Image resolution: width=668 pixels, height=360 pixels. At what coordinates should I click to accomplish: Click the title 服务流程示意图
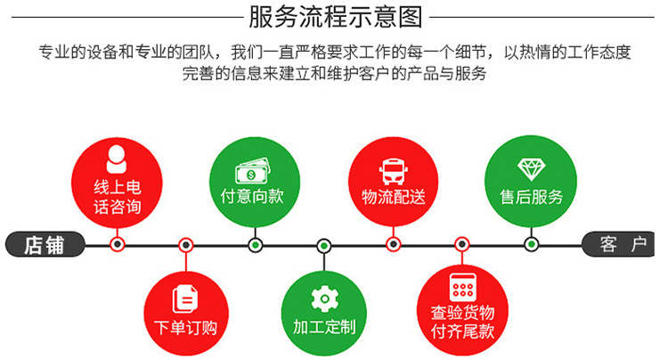coord(335,17)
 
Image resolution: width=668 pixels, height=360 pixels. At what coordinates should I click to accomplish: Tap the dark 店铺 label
coord(45,244)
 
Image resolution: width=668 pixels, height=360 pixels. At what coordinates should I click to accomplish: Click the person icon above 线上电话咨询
coord(117,160)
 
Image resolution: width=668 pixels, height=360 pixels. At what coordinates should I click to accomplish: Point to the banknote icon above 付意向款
coord(253,171)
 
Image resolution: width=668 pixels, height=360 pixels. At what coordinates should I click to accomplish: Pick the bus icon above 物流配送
coord(393,172)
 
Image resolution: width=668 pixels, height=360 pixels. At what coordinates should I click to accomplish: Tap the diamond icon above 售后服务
coord(531,169)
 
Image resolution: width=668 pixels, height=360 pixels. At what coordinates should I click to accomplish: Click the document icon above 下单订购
coord(185,299)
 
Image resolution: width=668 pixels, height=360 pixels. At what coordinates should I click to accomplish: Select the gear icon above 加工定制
coord(324,299)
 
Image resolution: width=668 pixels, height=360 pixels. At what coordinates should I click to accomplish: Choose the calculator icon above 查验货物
coord(462,288)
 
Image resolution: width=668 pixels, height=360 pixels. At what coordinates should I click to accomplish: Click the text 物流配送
coord(393,197)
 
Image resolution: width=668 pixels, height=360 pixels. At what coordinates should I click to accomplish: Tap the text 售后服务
coord(531,197)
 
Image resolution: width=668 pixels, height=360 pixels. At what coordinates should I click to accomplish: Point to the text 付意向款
coord(252,196)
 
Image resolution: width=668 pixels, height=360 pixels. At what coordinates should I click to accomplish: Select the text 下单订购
coord(186,328)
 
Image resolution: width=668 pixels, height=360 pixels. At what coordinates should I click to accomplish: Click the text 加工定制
coord(324,327)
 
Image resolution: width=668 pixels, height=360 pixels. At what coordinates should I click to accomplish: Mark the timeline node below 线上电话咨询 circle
coord(118,244)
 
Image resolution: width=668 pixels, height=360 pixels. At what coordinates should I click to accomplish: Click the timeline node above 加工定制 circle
coord(324,246)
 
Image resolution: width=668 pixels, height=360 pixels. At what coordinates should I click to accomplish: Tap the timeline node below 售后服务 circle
coord(531,244)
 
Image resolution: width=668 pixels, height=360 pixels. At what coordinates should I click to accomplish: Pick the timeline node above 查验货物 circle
coord(462,244)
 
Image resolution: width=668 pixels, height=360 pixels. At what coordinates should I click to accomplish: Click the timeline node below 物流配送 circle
coord(393,244)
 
